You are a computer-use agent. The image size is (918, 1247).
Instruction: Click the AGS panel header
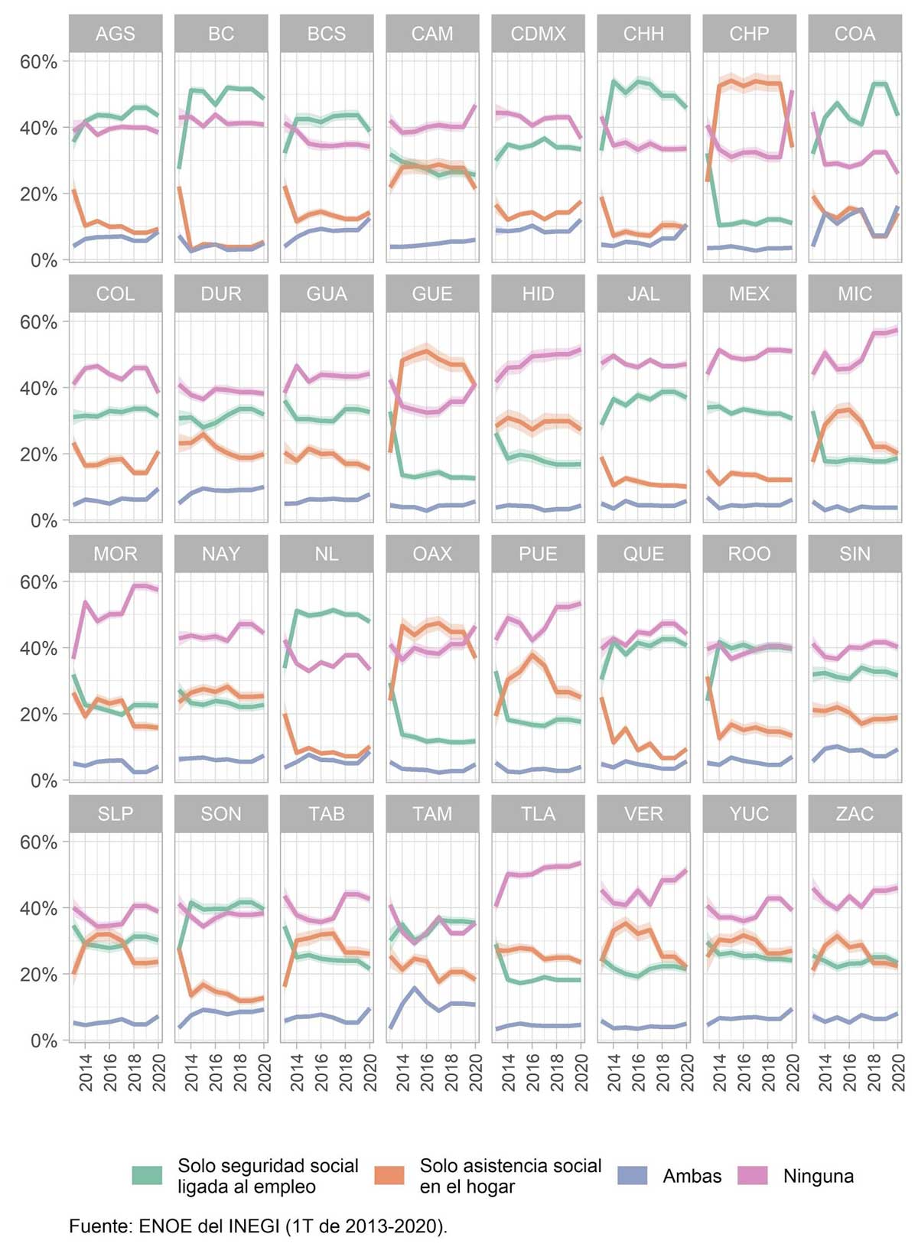116,34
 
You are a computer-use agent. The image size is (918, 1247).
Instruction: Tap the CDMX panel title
538,34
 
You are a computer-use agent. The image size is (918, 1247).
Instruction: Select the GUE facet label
432,294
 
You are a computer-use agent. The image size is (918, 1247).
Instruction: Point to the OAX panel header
432,554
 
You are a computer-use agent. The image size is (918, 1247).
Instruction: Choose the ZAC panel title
855,814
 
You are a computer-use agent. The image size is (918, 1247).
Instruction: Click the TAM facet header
432,814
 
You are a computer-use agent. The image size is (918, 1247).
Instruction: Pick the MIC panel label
855,294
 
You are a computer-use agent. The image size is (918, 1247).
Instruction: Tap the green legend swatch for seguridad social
147,1176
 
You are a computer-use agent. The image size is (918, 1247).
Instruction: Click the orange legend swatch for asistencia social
389,1176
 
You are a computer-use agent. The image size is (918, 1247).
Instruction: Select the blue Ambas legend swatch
632,1176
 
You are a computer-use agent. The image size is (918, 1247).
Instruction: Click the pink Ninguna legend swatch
753,1176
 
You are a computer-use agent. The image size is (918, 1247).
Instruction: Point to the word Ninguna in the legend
818,1176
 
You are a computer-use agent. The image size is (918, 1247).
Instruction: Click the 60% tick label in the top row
39,62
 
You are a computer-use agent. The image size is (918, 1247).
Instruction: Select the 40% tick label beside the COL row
39,389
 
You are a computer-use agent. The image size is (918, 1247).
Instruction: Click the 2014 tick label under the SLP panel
86,1072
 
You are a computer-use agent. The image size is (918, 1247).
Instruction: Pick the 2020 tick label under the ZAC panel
898,1072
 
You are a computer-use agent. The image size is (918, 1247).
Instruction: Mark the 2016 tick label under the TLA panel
532,1072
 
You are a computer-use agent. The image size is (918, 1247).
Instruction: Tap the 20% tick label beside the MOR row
39,715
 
